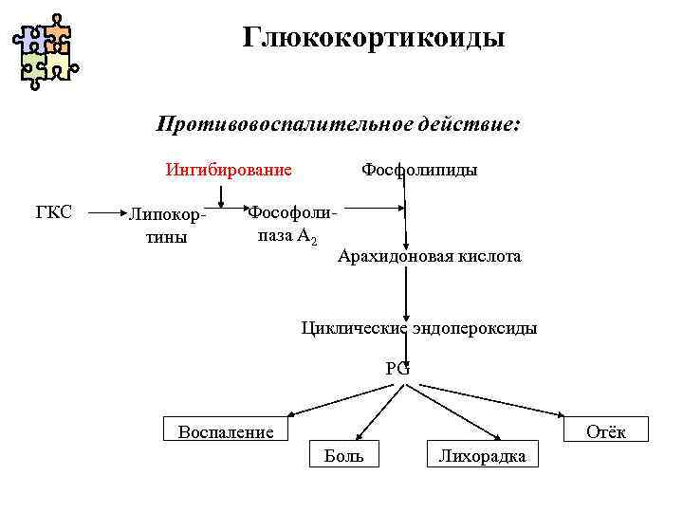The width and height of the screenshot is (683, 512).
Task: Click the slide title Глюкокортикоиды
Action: pos(374,38)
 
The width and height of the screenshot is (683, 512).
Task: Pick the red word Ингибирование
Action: pos(229,171)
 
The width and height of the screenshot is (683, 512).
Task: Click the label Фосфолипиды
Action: pos(419,171)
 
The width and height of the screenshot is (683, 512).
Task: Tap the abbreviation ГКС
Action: pos(54,211)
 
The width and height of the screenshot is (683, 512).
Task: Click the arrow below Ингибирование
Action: pos(221,193)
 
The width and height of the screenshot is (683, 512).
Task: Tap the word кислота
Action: pos(491,257)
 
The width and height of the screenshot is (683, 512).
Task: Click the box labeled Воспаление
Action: pos(226,430)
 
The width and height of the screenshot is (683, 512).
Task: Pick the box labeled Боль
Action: pos(343,454)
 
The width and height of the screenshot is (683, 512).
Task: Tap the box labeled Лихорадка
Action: pos(482,454)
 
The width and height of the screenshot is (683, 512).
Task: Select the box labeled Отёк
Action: pos(606,430)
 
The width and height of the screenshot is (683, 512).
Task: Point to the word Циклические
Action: pos(353,328)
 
